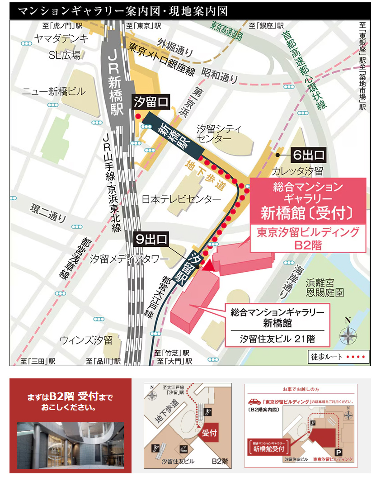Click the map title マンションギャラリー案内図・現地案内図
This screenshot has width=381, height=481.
pyautogui.click(x=122, y=11)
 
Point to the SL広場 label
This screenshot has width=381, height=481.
pyautogui.click(x=65, y=55)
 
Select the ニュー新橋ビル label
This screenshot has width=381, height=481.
pyautogui.click(x=54, y=92)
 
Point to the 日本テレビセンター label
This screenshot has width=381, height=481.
pyautogui.click(x=181, y=199)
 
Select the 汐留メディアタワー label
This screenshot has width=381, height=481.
pyautogui.click(x=129, y=259)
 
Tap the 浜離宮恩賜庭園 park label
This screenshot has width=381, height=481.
pyautogui.click(x=324, y=288)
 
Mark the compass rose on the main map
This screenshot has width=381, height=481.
pyautogui.click(x=348, y=335)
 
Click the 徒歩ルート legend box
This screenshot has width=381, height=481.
pyautogui.click(x=339, y=357)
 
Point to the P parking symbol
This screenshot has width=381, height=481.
pyautogui.click(x=338, y=452)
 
